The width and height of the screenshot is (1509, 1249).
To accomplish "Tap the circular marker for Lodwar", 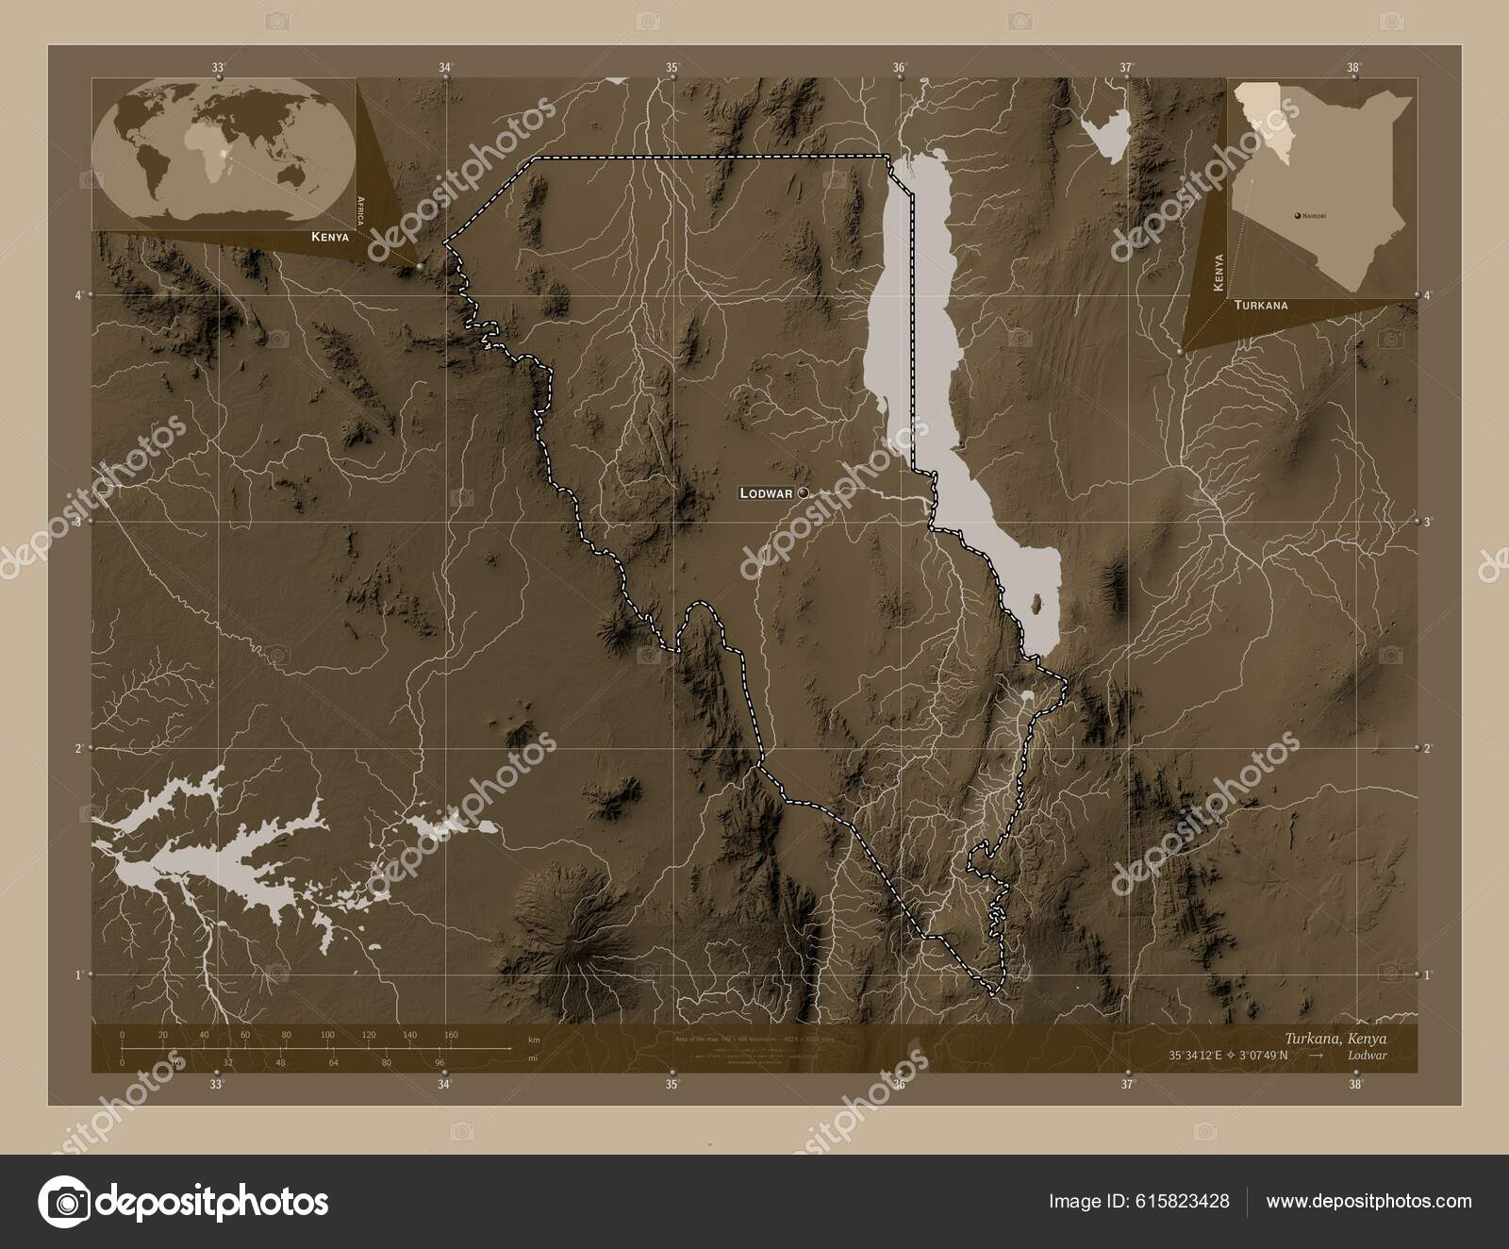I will click(803, 492).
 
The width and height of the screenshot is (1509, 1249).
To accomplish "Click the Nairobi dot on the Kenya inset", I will click(1298, 216).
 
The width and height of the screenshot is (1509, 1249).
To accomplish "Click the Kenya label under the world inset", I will click(330, 238).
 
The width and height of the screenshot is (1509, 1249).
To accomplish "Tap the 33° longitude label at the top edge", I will click(218, 67).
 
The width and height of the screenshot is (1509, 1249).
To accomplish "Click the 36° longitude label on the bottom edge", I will click(900, 1085).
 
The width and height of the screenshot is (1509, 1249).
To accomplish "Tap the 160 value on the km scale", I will click(451, 1035).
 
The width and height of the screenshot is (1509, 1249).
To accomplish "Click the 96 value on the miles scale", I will click(439, 1062).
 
